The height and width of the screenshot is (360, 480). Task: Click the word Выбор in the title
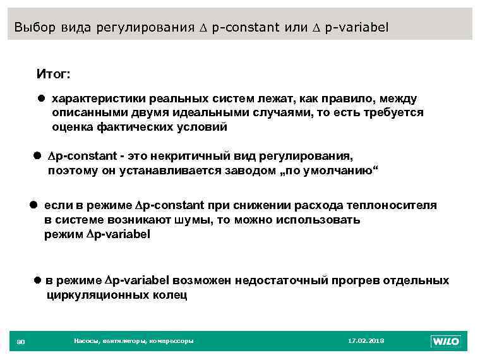point(35,28)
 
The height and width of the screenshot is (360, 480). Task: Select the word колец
point(168,295)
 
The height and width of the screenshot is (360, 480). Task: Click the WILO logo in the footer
point(445,342)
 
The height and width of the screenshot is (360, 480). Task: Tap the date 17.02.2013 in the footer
point(366,341)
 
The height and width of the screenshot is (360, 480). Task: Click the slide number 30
point(20,342)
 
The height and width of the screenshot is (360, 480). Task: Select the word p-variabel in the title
point(359,28)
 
